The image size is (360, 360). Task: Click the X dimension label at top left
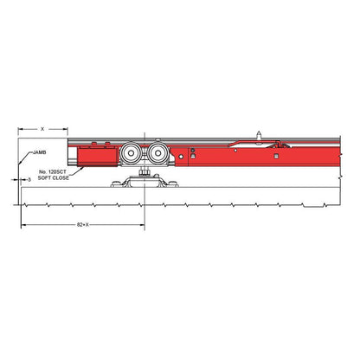[x=42, y=128]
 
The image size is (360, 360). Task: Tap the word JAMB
[x=38, y=151]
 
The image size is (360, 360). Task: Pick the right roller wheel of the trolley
[x=157, y=156]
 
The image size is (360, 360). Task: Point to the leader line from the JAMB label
[x=25, y=161]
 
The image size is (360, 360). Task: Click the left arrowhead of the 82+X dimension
[x=23, y=224]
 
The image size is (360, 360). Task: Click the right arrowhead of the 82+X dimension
[x=142, y=224]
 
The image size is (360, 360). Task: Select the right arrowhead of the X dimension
[x=65, y=128]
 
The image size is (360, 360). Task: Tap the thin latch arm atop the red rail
[x=251, y=143]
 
